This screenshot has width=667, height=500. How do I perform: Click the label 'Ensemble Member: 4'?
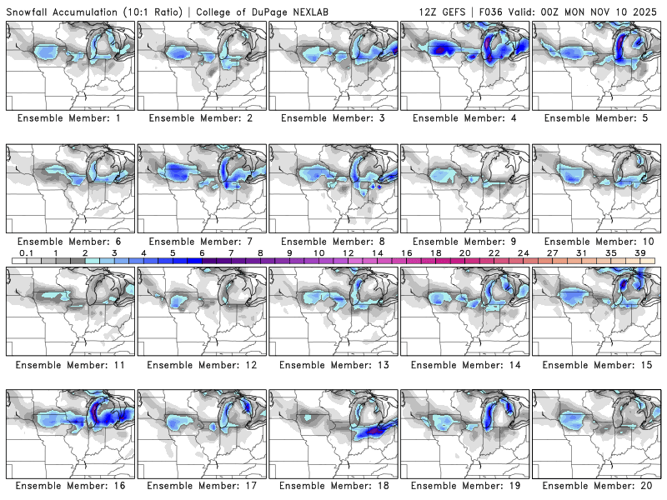pyautogui.click(x=464, y=118)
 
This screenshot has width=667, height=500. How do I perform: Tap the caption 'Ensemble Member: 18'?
pyautogui.click(x=333, y=485)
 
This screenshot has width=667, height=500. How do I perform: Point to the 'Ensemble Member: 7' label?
pyautogui.click(x=201, y=241)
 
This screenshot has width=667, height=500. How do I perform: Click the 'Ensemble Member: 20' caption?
pyautogui.click(x=596, y=485)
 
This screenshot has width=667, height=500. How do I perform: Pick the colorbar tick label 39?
pyautogui.click(x=639, y=253)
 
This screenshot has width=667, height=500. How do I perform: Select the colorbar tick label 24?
pyautogui.click(x=523, y=253)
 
